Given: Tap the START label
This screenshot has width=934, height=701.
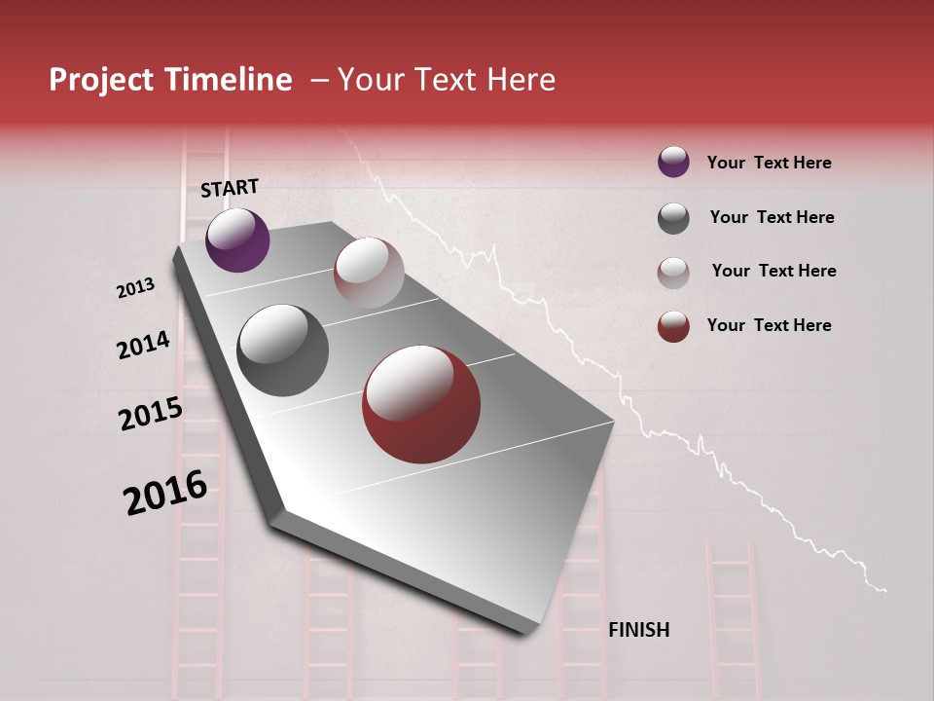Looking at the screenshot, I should [x=230, y=188].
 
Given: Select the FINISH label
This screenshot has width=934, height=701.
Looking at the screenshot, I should [x=638, y=630].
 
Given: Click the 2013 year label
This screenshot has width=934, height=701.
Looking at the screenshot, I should [x=135, y=288].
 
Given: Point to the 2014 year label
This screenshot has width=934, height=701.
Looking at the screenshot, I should [x=143, y=345].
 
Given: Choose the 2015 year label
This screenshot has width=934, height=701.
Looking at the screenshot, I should [x=151, y=414].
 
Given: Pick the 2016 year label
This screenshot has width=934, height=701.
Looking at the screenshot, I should [x=165, y=492].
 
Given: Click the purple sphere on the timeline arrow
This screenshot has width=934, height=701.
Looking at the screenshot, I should [x=237, y=240].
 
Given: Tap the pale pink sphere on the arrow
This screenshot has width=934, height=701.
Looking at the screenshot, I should [x=369, y=273].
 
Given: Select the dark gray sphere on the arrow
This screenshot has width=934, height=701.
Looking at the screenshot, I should [x=282, y=350].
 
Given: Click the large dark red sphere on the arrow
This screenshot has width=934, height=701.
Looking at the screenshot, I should [x=421, y=404].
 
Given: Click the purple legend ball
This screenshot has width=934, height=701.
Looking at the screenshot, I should [x=673, y=162].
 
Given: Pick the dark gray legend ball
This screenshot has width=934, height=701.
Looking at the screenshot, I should [x=673, y=217].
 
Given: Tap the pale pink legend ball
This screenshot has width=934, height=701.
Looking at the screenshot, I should [x=673, y=272].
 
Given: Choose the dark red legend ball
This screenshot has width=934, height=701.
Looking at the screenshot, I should [x=673, y=326].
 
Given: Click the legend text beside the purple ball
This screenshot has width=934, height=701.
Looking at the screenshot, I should [x=769, y=163].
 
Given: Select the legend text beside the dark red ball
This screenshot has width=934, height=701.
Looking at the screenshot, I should [x=769, y=325].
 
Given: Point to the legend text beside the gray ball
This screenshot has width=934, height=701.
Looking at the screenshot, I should [x=772, y=217].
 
